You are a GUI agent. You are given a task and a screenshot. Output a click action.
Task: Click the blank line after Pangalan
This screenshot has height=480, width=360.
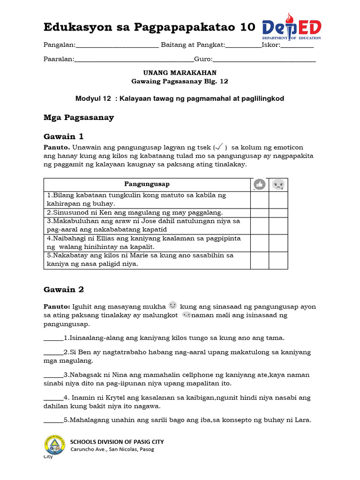[x=117, y=46]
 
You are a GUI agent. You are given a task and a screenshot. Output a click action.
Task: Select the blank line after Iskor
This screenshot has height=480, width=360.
[x=297, y=46]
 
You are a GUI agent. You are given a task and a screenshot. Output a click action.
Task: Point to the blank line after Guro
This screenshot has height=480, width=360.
[x=264, y=60]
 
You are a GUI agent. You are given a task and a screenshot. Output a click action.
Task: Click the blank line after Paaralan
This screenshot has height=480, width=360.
[x=134, y=60]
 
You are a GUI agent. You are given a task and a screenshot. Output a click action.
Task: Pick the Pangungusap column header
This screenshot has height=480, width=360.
[x=147, y=184]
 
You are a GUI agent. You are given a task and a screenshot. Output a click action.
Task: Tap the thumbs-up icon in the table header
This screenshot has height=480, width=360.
[x=259, y=185]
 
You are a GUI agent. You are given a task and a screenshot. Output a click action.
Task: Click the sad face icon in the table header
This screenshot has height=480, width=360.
[x=278, y=185]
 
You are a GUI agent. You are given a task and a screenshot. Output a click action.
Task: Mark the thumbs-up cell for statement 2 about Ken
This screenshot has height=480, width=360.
[x=259, y=212]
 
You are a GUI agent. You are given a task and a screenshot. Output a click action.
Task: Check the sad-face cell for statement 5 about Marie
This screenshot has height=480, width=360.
[x=278, y=260]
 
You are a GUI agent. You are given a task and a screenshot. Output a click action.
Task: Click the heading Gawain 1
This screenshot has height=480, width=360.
[x=63, y=136]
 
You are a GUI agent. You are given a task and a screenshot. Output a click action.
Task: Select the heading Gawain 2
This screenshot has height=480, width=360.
[x=63, y=290]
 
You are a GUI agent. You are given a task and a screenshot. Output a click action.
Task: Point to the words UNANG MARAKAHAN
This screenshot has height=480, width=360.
[x=180, y=73]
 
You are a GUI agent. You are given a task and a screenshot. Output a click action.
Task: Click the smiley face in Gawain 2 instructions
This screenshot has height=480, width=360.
[x=172, y=305]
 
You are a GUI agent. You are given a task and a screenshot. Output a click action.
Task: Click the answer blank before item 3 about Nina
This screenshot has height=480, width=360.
[x=53, y=375]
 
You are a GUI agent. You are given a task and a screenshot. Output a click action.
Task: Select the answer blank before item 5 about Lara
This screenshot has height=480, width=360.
[x=53, y=420]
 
